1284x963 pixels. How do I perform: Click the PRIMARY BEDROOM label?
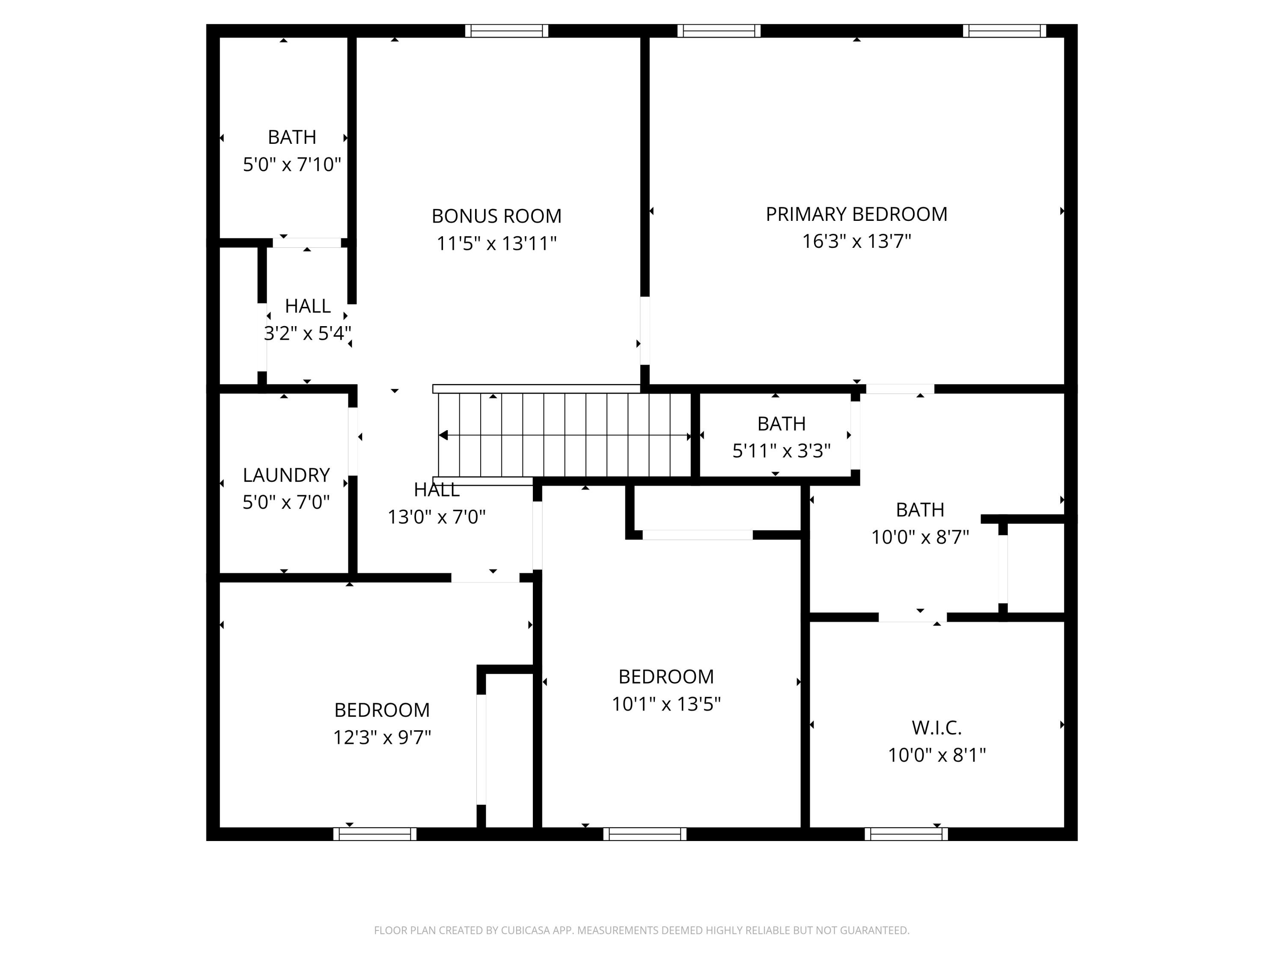856,214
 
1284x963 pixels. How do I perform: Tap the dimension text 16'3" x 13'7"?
856,241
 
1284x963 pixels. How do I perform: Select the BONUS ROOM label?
496,216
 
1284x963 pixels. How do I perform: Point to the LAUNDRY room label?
286,475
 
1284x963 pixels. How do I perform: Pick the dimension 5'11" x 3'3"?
781,451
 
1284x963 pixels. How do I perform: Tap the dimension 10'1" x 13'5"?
666,704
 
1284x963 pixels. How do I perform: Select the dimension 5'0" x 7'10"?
291,165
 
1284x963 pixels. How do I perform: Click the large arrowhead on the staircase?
443,435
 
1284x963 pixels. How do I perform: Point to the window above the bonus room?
506,31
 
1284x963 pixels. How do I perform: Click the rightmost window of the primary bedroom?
1004,31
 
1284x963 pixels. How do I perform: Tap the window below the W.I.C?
906,834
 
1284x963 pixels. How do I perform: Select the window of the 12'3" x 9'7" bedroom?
374,834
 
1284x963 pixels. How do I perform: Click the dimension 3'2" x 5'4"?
308,333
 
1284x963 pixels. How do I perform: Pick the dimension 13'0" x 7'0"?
437,517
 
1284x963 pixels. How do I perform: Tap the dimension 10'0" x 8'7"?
920,538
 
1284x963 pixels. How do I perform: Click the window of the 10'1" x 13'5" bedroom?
644,834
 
